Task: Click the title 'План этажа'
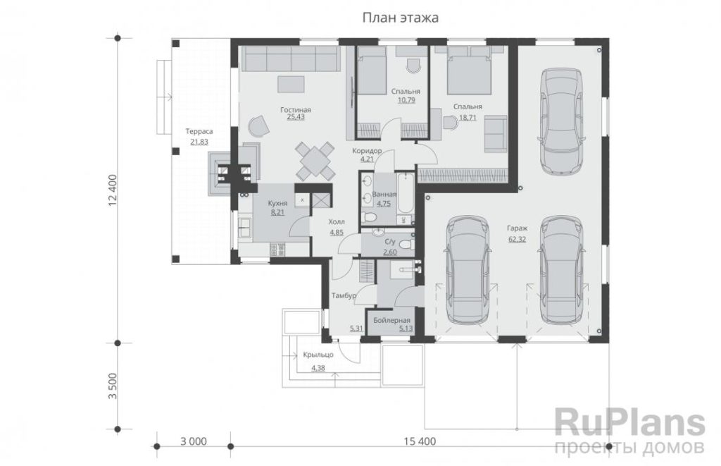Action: click(x=400, y=18)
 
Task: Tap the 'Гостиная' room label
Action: click(x=296, y=110)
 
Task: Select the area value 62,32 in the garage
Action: click(x=518, y=239)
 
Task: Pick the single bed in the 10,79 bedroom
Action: click(x=372, y=70)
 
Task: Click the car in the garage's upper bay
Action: click(x=561, y=121)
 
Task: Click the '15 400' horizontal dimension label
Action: click(x=420, y=441)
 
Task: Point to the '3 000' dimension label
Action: click(x=194, y=441)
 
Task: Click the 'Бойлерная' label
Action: click(x=391, y=321)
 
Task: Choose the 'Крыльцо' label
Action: click(x=318, y=355)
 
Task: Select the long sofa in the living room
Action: click(x=291, y=59)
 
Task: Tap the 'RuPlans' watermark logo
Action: click(x=630, y=422)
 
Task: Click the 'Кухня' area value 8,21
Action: click(x=277, y=212)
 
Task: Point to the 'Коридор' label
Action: click(x=367, y=151)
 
